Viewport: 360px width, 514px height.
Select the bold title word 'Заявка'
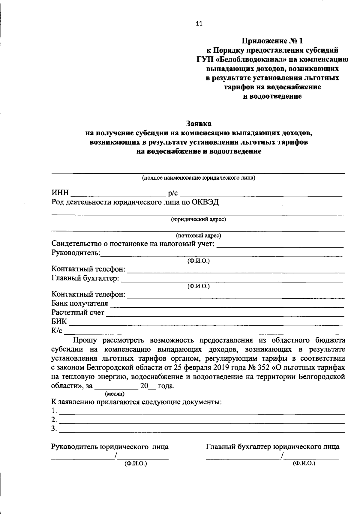point(199,124)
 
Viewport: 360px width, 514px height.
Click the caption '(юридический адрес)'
point(198,219)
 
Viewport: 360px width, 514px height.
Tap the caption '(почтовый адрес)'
point(198,235)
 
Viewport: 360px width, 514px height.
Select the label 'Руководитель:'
point(76,253)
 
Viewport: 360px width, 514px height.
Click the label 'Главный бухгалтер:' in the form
point(85,278)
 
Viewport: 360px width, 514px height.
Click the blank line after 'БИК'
point(205,323)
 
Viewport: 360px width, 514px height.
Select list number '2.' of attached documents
point(54,419)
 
